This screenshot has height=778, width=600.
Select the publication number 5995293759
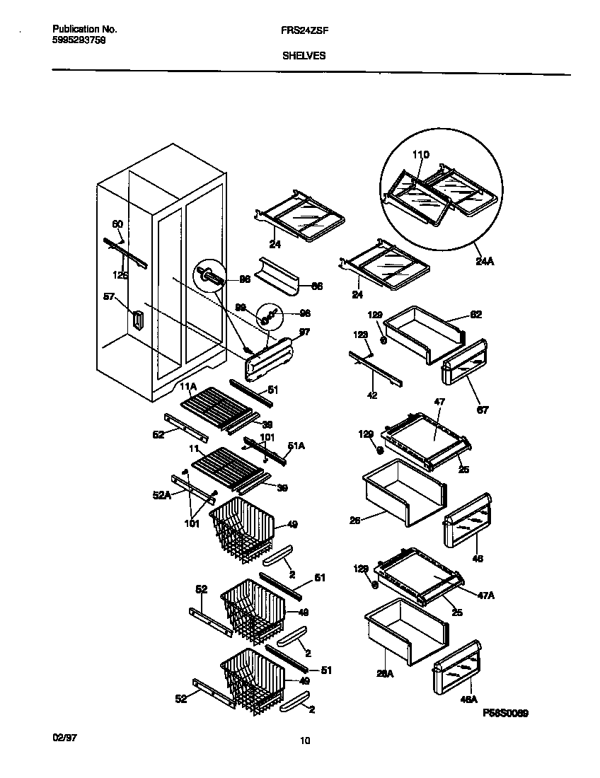pos(80,40)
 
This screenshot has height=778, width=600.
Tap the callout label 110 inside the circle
pos(420,155)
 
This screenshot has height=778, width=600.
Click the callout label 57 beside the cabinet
pos(110,298)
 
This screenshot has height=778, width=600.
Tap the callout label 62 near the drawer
pos(475,315)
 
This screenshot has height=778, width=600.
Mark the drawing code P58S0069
pos(505,715)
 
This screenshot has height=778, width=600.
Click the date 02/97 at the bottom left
pos(64,737)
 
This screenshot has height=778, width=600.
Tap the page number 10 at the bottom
pos(304,741)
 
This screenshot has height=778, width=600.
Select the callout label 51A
pos(296,445)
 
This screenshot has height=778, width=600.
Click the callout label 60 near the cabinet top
pos(117,224)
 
